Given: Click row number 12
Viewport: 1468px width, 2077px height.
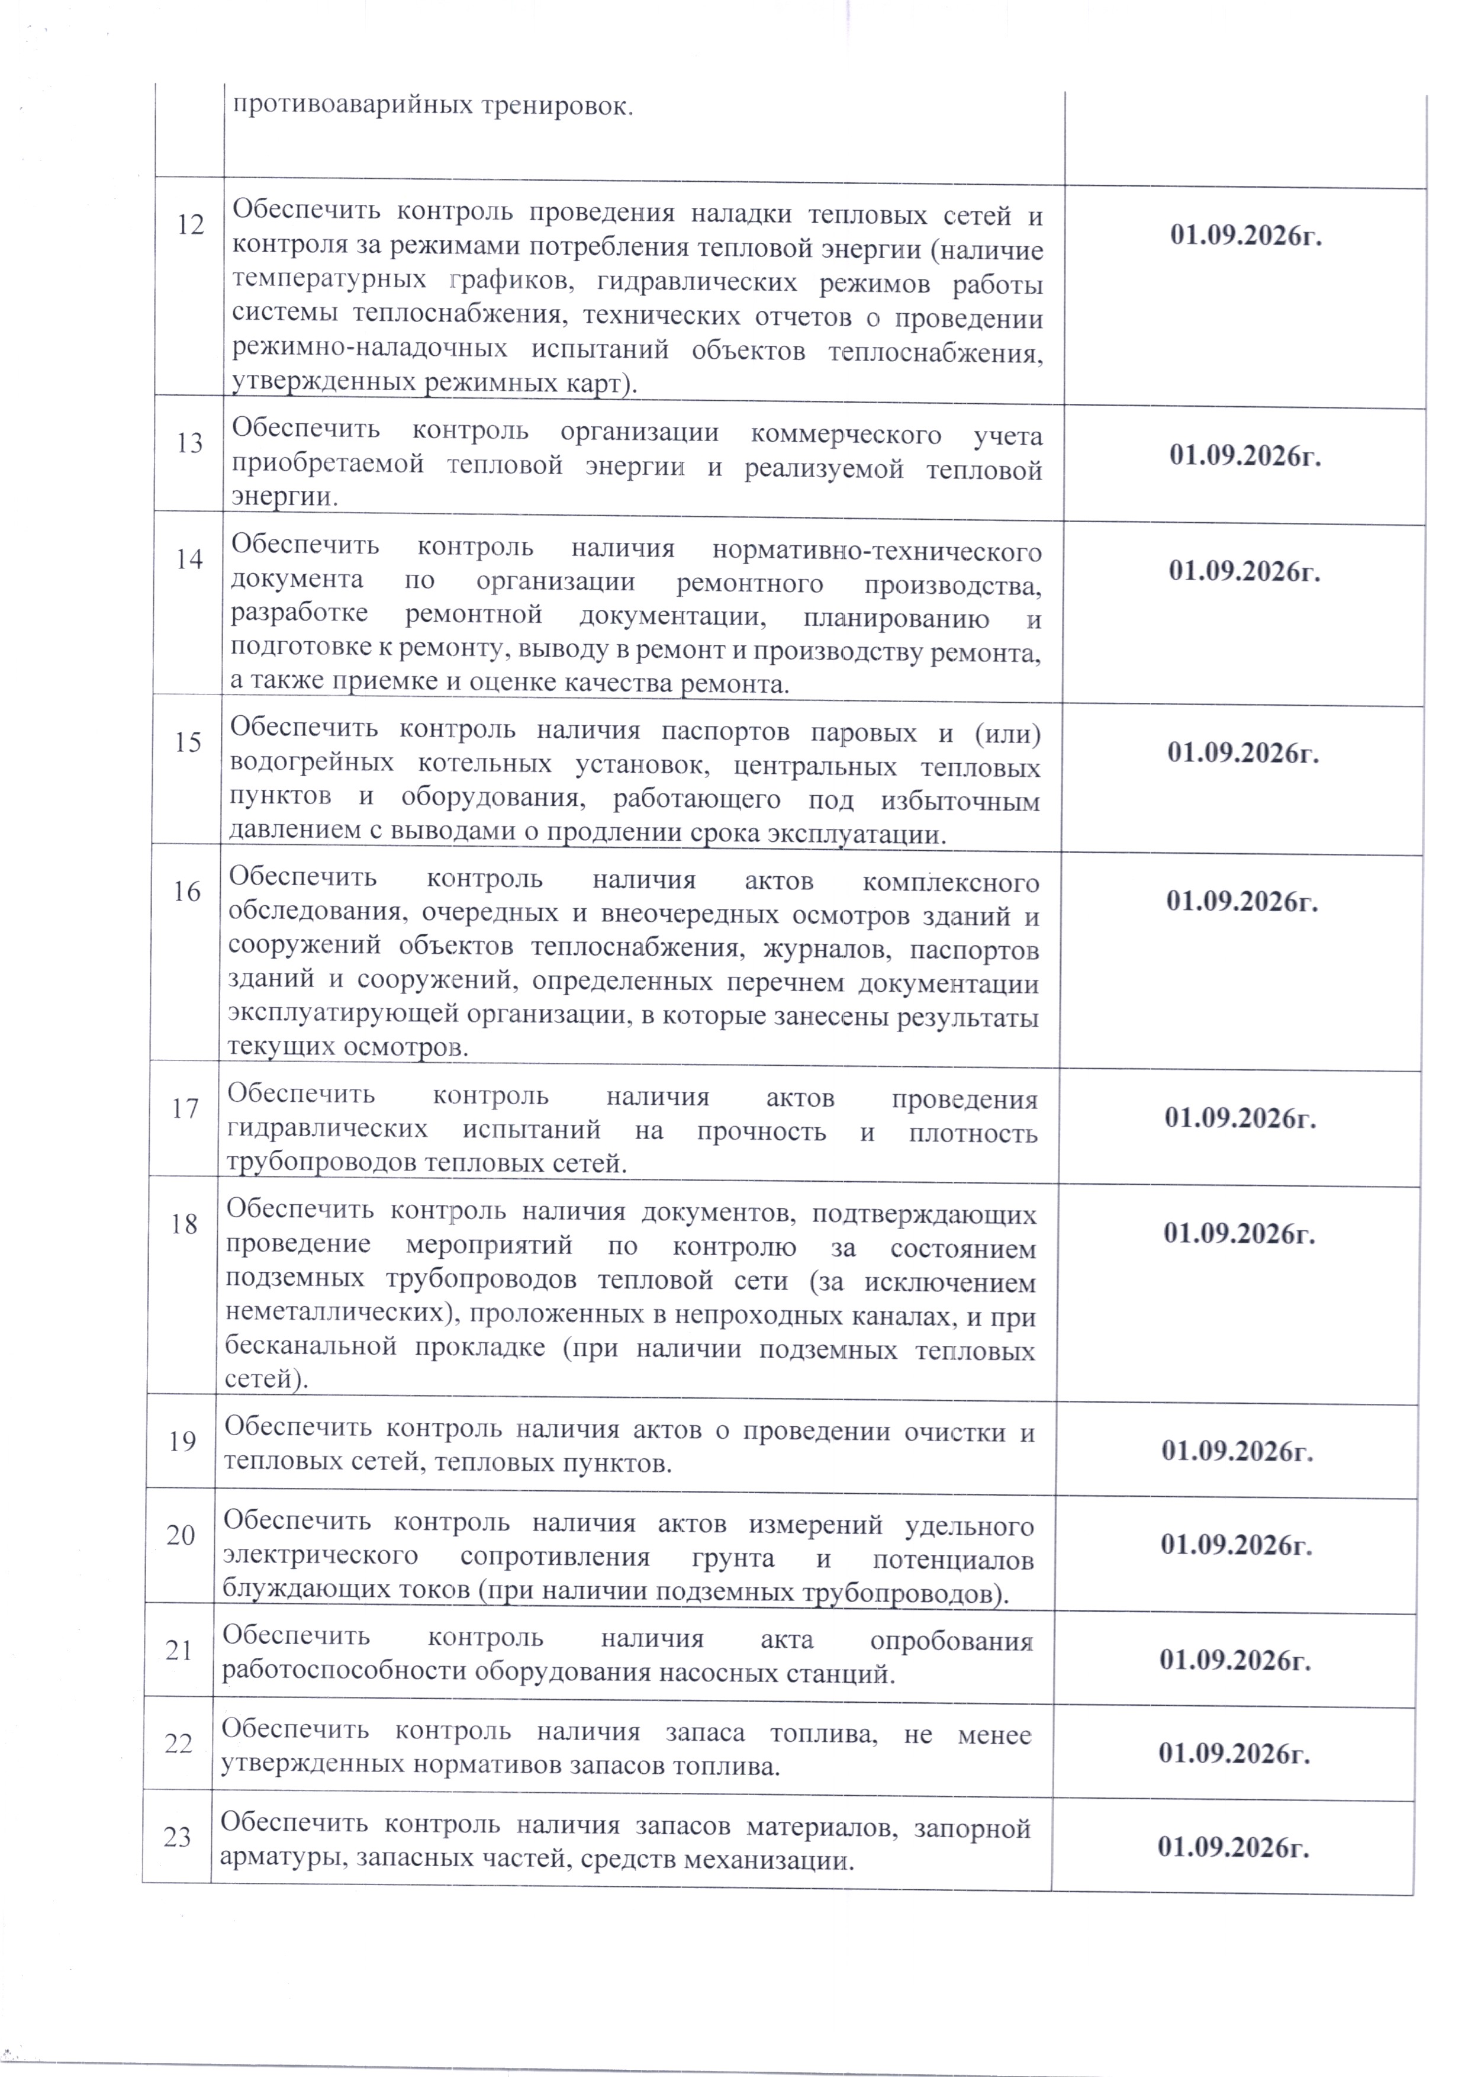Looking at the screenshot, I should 190,224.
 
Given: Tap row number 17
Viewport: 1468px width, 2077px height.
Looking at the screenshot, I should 185,1108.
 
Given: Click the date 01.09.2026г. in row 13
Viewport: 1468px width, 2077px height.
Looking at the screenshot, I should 1245,456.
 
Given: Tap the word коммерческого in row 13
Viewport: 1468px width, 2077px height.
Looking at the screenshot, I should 846,434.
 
